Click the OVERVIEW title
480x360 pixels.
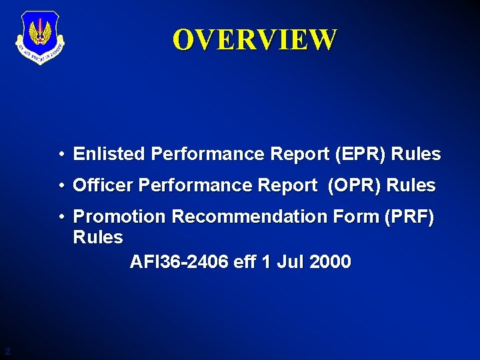coord(255,40)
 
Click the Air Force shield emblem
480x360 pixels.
coord(39,39)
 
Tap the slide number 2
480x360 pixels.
coord(7,351)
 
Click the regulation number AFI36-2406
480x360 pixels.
coord(179,262)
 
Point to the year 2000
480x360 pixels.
coord(329,262)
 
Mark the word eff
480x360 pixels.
coord(245,262)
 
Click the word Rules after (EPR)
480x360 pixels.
coord(416,155)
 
